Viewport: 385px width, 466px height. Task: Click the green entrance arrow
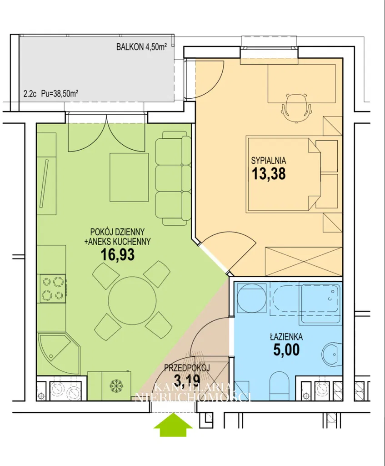(x=173, y=425)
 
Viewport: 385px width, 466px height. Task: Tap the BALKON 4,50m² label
(x=141, y=47)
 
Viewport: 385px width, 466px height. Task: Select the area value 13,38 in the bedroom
(x=269, y=173)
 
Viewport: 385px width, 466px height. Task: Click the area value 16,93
(x=118, y=254)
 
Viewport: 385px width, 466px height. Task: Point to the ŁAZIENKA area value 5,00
(x=286, y=349)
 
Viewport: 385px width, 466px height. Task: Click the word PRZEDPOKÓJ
(x=187, y=368)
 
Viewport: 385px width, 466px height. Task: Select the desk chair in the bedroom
(x=296, y=107)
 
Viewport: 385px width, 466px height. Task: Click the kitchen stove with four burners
(x=53, y=288)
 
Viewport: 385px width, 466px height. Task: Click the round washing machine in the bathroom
(x=251, y=298)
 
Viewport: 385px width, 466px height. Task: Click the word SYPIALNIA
(x=269, y=161)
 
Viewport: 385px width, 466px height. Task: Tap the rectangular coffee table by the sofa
(x=129, y=177)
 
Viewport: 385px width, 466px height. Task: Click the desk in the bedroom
(x=301, y=84)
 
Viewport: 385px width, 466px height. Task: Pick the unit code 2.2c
(x=30, y=94)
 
